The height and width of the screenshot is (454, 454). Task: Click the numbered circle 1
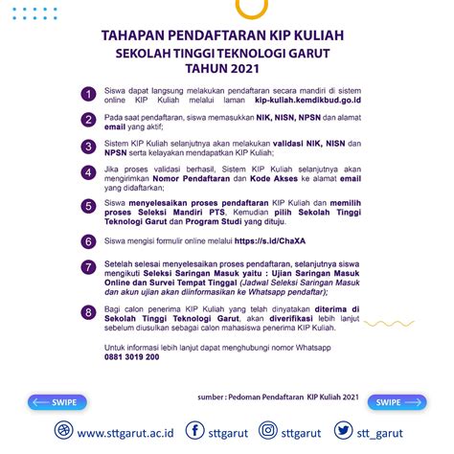[x=87, y=93]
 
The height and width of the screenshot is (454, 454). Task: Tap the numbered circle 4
[x=87, y=175]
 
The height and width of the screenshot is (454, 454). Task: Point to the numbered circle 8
[x=87, y=311]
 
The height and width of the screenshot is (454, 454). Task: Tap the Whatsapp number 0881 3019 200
[x=132, y=356]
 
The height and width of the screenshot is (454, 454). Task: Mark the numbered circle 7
[x=87, y=266]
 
